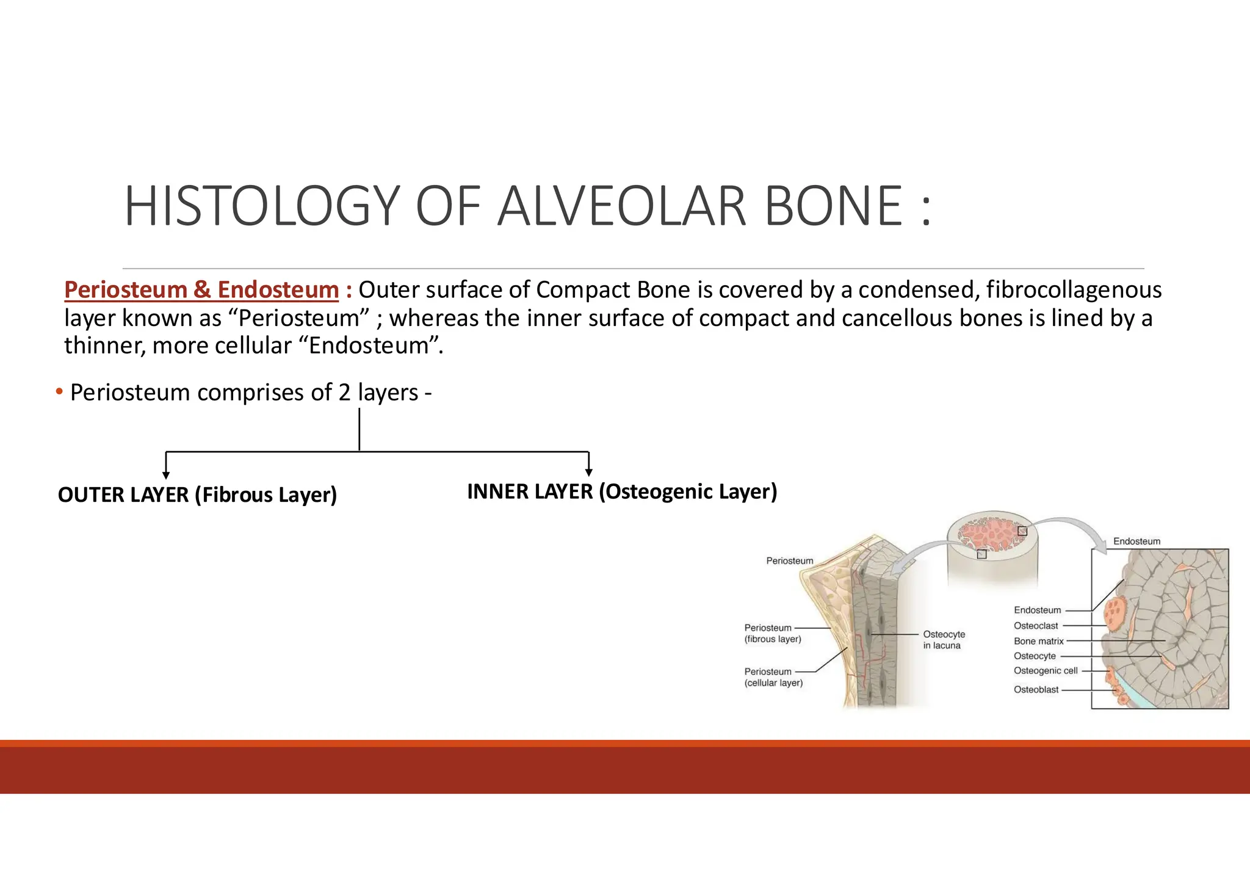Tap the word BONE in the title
tap(833, 206)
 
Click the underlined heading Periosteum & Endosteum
tap(201, 290)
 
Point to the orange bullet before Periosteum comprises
tap(59, 391)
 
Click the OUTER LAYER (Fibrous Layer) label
tap(197, 495)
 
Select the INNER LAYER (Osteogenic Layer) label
tap(622, 491)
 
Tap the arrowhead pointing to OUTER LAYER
tap(166, 475)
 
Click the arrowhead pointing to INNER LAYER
tap(588, 472)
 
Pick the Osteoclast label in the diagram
tap(1036, 626)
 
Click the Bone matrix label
tap(1038, 641)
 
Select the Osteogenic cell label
tap(1046, 670)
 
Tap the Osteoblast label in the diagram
tap(1036, 690)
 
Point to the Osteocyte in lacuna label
tap(944, 640)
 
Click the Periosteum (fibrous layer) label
tap(772, 633)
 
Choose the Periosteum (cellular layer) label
tap(773, 677)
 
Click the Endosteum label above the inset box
tap(1136, 542)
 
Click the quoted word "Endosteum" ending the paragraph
tap(369, 346)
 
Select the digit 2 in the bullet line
tap(345, 393)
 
